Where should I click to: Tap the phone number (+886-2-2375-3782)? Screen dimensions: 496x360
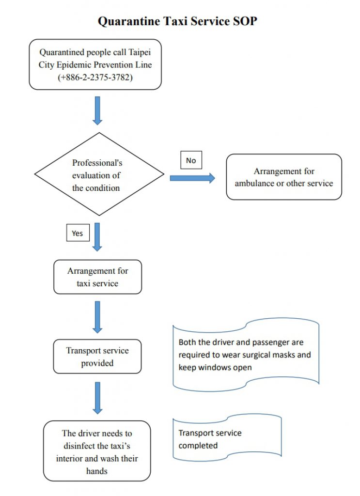(x=95, y=77)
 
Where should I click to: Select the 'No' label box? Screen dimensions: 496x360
(x=191, y=160)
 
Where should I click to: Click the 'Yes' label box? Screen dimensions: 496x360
(x=78, y=233)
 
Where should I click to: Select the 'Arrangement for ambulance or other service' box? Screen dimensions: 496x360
(x=284, y=177)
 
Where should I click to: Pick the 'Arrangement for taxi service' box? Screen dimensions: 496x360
(x=97, y=277)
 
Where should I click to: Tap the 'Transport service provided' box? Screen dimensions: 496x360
(x=97, y=356)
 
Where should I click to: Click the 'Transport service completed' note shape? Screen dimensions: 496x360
(x=227, y=438)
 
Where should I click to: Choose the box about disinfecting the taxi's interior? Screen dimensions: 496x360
(x=97, y=451)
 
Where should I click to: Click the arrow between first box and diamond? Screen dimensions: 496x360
(x=97, y=110)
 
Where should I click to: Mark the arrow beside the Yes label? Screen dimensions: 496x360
(x=97, y=236)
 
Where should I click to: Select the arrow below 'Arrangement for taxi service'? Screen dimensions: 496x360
(x=97, y=317)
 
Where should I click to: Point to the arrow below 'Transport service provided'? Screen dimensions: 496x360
(x=97, y=398)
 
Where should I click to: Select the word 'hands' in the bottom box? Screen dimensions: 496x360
(x=97, y=470)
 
